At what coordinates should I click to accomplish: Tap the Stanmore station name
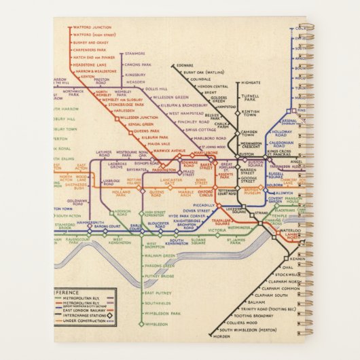[x=135, y=52]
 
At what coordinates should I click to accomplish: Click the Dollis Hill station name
[x=156, y=89]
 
